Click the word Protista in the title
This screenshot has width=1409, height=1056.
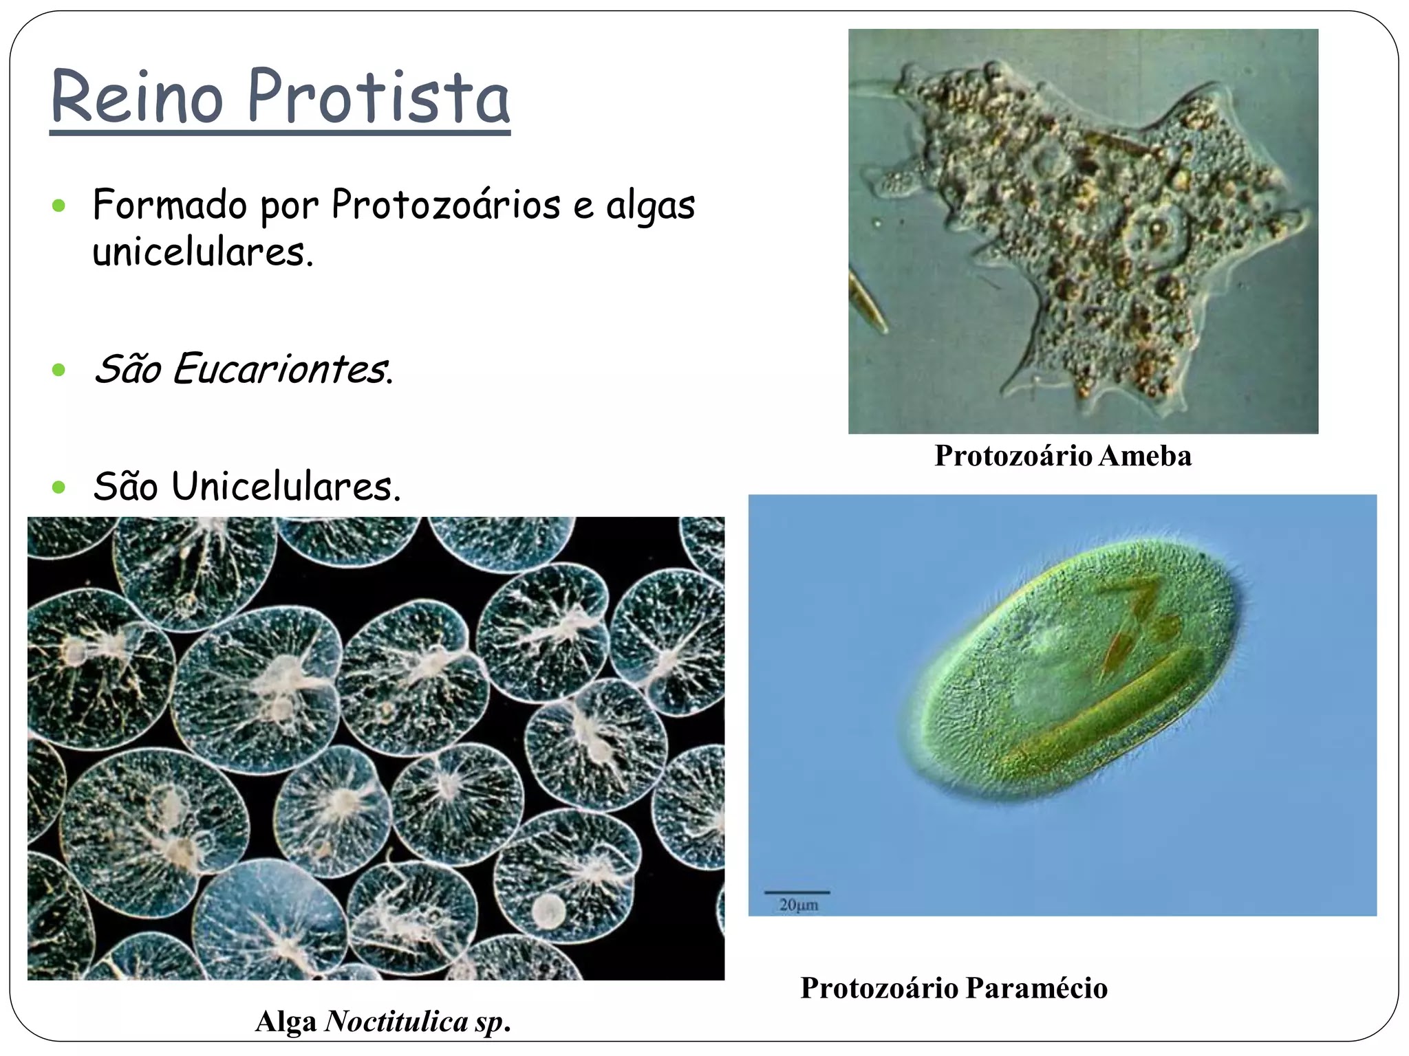(x=378, y=97)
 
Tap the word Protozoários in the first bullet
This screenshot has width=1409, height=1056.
(x=446, y=205)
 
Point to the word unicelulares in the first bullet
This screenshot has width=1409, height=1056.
(x=203, y=252)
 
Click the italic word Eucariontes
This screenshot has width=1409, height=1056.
(x=283, y=368)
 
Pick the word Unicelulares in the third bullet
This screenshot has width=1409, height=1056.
(x=286, y=486)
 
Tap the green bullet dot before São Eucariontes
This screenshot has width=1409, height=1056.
(x=58, y=371)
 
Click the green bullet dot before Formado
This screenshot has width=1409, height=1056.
(x=58, y=205)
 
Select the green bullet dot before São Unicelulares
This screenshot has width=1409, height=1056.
(x=58, y=487)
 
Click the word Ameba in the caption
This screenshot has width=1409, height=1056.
(x=1145, y=456)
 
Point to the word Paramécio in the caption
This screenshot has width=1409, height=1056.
(x=1037, y=988)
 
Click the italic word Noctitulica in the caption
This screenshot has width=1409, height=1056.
(x=396, y=1021)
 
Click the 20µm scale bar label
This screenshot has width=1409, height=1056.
(x=799, y=905)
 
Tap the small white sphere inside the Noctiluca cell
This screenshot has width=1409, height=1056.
(x=548, y=911)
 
